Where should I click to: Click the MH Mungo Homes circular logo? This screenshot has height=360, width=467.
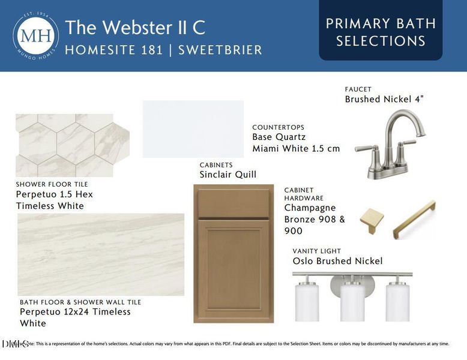36,35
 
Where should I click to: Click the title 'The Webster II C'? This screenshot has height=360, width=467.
135,28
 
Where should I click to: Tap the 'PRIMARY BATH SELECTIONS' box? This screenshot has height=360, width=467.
381,32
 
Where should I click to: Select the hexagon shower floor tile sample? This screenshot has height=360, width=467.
73,145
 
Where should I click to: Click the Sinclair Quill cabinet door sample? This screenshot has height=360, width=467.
233,253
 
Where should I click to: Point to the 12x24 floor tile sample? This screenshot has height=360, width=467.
101,254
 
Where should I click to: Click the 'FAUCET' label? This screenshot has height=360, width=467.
358,89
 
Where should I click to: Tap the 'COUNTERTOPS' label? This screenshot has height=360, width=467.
278,127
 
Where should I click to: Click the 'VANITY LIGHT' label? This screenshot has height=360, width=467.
316,251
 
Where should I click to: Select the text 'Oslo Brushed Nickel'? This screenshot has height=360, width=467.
337,261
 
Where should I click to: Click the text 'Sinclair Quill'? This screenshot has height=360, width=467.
227,175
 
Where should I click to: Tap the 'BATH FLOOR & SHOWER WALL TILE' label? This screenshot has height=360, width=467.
80,302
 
